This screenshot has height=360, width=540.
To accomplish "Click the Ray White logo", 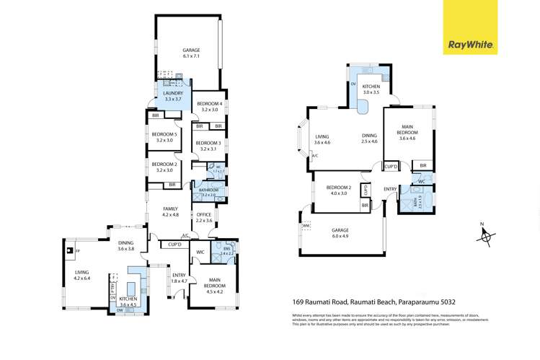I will coord(471,44).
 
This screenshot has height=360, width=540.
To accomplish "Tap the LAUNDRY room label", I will coord(173,97).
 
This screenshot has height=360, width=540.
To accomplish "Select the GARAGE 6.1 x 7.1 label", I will coord(190,54).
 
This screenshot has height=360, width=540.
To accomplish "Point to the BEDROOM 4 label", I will coord(210,107).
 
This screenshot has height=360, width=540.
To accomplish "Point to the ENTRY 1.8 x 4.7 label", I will coord(179,278).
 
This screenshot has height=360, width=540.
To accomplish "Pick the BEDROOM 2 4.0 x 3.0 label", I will coord(338,190).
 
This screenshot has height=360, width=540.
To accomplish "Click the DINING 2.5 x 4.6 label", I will coord(368,139).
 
